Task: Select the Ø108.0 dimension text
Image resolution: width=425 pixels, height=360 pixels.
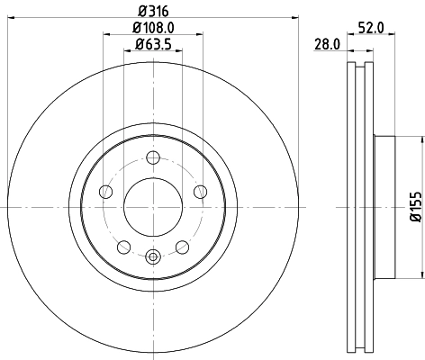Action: pyautogui.click(x=149, y=28)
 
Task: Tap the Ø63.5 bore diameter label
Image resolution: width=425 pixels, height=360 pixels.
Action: pyautogui.click(x=150, y=44)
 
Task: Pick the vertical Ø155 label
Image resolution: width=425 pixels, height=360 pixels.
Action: pyautogui.click(x=415, y=205)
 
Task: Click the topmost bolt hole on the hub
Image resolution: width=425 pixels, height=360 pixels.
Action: pyautogui.click(x=152, y=159)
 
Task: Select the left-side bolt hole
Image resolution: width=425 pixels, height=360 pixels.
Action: pyautogui.click(x=105, y=192)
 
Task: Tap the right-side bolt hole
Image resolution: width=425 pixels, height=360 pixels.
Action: pyautogui.click(x=199, y=191)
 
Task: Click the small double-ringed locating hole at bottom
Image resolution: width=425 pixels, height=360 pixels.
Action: pyautogui.click(x=152, y=257)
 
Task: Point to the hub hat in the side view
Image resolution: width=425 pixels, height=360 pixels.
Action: pyautogui.click(x=383, y=207)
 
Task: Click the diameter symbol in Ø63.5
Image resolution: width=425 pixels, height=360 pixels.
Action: pyautogui.click(x=129, y=44)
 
